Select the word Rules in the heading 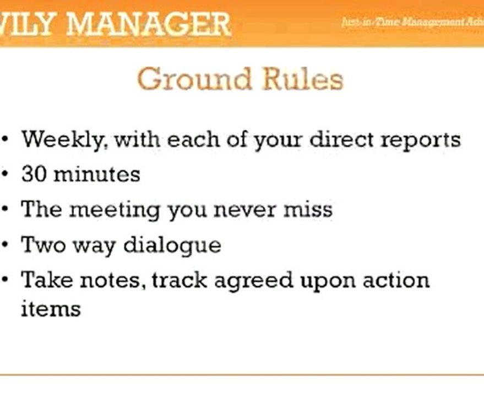coord(303,79)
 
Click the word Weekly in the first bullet coord(61,140)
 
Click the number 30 coord(33,175)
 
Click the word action coord(393,280)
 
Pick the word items coord(51,308)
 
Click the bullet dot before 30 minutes coord(6,175)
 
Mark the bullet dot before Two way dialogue coord(6,245)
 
